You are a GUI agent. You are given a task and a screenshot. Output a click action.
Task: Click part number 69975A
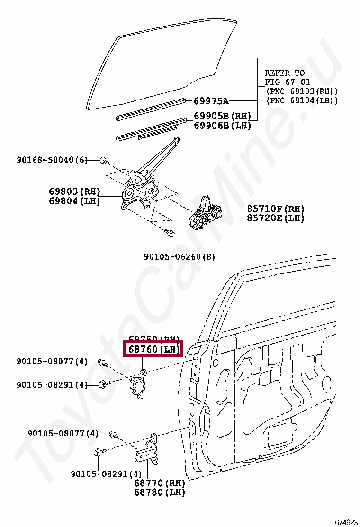click(x=211, y=101)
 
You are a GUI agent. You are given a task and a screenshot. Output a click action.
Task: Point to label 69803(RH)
click(x=75, y=191)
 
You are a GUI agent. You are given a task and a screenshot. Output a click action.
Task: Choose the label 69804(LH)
click(x=75, y=201)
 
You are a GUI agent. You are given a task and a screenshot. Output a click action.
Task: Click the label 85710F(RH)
click(x=275, y=209)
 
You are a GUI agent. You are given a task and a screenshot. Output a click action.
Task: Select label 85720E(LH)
click(x=275, y=218)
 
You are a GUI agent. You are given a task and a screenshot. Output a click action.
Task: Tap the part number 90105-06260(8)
click(x=180, y=257)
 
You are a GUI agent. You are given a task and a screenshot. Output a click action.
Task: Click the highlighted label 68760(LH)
click(x=152, y=350)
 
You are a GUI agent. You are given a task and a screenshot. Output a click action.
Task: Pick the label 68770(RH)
click(x=159, y=483)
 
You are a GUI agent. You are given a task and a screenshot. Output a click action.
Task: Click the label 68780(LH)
click(x=159, y=492)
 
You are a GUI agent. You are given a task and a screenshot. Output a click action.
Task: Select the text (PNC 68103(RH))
click(x=302, y=91)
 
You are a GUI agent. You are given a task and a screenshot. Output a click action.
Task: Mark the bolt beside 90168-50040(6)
click(x=104, y=161)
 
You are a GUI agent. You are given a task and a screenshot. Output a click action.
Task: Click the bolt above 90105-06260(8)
click(x=171, y=233)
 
